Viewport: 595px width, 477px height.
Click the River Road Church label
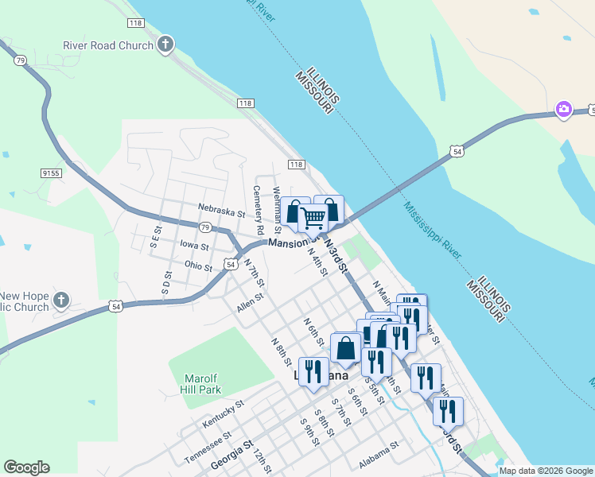108,45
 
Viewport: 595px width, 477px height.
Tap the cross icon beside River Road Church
165,44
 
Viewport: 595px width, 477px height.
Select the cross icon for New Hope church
60,301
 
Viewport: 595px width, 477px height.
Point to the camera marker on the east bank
563,109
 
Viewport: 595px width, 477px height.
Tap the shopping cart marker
313,216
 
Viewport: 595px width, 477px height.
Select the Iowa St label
194,246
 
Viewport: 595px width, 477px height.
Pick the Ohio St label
197,266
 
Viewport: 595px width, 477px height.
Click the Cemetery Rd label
258,210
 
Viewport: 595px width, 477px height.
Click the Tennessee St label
208,448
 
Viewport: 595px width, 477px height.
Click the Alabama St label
378,452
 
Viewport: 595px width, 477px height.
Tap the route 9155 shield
52,172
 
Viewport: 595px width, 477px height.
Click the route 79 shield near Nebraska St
205,227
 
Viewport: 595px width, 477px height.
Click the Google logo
26,467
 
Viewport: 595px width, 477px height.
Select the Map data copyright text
545,471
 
